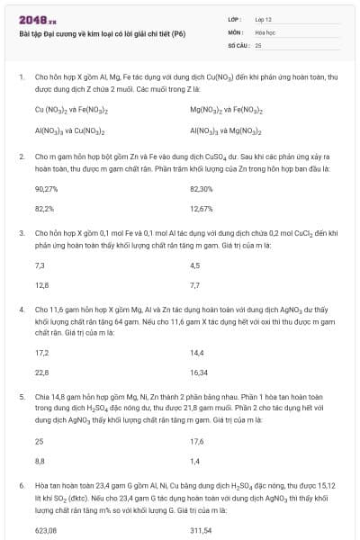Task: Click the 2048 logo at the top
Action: click(37, 18)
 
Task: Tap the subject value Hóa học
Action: click(264, 31)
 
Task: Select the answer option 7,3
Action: click(40, 265)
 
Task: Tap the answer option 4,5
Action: click(195, 265)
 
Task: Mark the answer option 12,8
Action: click(41, 284)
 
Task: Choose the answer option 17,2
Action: click(41, 352)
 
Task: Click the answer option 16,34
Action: click(199, 371)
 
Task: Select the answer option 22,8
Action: click(41, 371)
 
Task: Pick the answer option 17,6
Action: click(197, 441)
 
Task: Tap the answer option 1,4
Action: click(195, 460)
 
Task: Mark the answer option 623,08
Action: click(46, 530)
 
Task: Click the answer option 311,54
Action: click(201, 530)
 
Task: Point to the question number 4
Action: click(21, 309)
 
